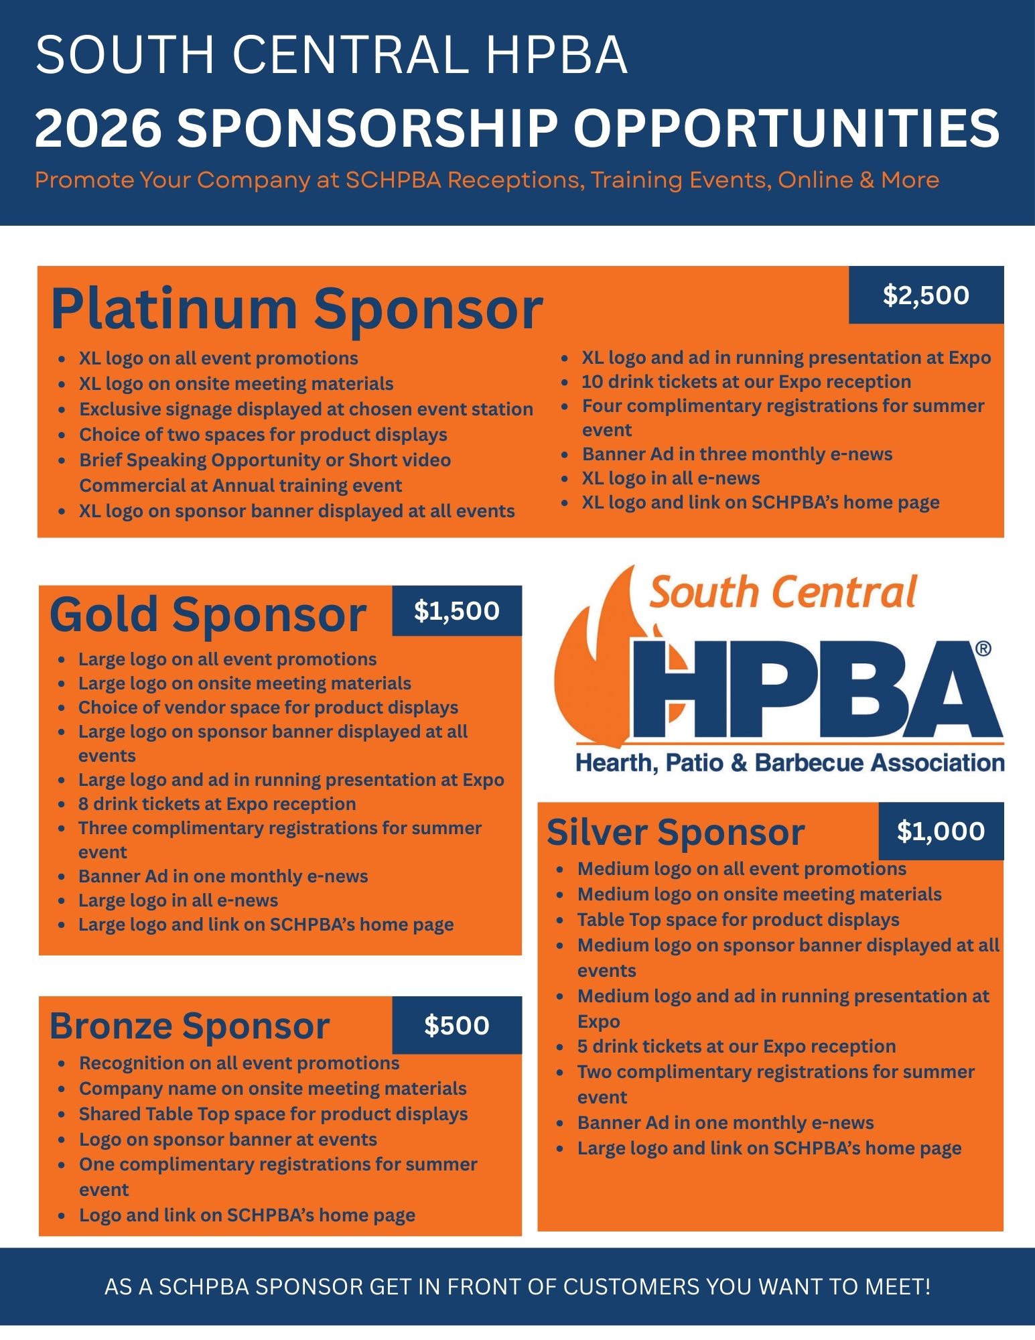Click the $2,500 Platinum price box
coord(926,295)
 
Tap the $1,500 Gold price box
coord(456,610)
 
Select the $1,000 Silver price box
coord(941,831)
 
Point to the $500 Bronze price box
coord(456,1025)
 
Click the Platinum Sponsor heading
coord(296,310)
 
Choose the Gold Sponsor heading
coord(208,614)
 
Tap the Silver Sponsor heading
coord(675,833)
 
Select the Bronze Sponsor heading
coord(190,1026)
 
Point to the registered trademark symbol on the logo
coord(983,649)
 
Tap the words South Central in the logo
coord(782,593)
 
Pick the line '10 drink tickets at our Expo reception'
coord(746,382)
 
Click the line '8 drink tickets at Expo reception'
coord(217,804)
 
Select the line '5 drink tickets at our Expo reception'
coord(736,1047)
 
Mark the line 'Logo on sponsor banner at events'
coord(228,1140)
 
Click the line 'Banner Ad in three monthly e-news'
coord(737,454)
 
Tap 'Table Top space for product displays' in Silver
coord(738,920)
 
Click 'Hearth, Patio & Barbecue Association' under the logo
coord(790,762)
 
